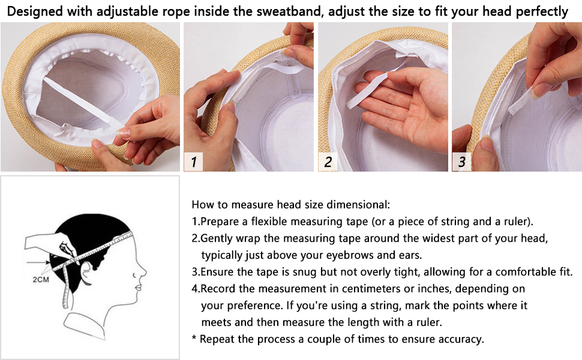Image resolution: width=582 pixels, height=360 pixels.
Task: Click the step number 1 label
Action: (x=193, y=162)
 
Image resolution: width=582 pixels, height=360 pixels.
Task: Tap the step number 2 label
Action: (x=328, y=162)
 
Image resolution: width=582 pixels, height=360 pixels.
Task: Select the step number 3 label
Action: (x=461, y=162)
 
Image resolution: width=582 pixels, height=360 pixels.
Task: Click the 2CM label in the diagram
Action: (x=40, y=280)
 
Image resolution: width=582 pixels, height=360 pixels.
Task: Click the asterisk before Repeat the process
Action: (x=194, y=338)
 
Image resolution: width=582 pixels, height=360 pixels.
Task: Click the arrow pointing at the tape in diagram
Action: (x=38, y=262)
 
